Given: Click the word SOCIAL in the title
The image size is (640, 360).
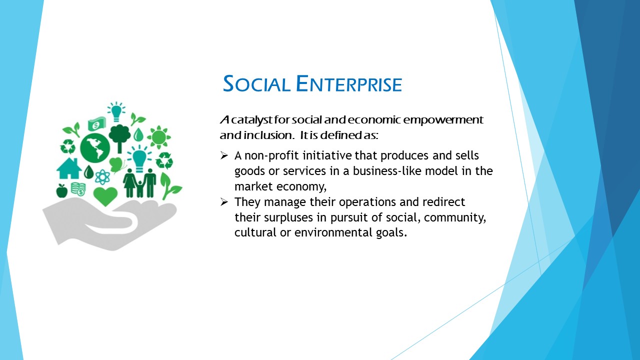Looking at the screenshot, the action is click(256, 83).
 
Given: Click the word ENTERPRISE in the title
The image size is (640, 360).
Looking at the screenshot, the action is click(349, 83).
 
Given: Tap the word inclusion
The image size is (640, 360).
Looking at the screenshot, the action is click(269, 135).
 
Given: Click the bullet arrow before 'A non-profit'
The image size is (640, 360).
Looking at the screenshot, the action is click(224, 155).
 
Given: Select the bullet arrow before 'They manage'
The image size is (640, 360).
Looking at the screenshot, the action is click(224, 202).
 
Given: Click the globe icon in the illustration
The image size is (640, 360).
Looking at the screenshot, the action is click(95, 148).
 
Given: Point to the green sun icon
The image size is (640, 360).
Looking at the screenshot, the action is click(159, 137).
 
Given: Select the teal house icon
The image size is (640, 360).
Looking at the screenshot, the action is click(69, 168).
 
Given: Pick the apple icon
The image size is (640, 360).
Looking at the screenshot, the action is click(61, 191).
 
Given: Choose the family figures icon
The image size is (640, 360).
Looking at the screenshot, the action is click(139, 183).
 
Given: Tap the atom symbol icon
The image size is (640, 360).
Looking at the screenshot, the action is click(102, 177).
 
